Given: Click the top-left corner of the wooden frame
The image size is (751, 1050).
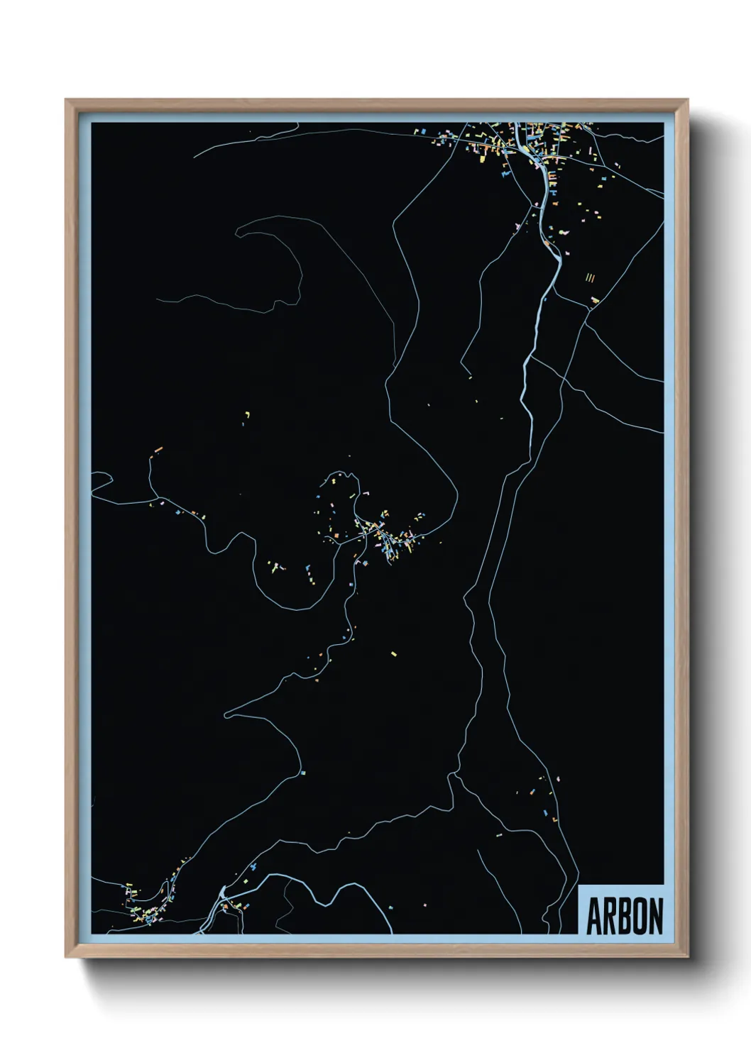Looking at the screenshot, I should click(67, 100).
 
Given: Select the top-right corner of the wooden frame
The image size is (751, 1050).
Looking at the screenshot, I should click(688, 100).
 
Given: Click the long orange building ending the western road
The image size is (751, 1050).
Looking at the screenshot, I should click(158, 449).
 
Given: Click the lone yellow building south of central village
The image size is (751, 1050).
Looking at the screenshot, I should click(394, 653).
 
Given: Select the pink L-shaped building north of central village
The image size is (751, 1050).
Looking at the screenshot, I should click(366, 492).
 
